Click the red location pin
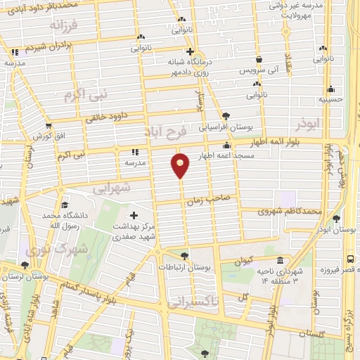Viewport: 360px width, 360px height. (x=181, y=165)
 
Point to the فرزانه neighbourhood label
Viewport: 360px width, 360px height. (x=66, y=25)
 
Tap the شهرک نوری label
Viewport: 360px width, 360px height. (x=55, y=248)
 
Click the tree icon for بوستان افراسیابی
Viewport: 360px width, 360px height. (x=225, y=116)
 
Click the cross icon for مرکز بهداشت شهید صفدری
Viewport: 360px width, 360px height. (x=134, y=214)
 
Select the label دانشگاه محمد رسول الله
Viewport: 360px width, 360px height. (x=66, y=219)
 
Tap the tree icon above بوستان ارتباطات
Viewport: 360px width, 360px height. (x=184, y=255)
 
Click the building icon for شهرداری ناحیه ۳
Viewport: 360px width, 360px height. (x=281, y=259)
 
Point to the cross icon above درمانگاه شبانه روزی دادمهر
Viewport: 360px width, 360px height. (x=189, y=51)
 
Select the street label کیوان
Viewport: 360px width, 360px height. (x=243, y=261)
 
